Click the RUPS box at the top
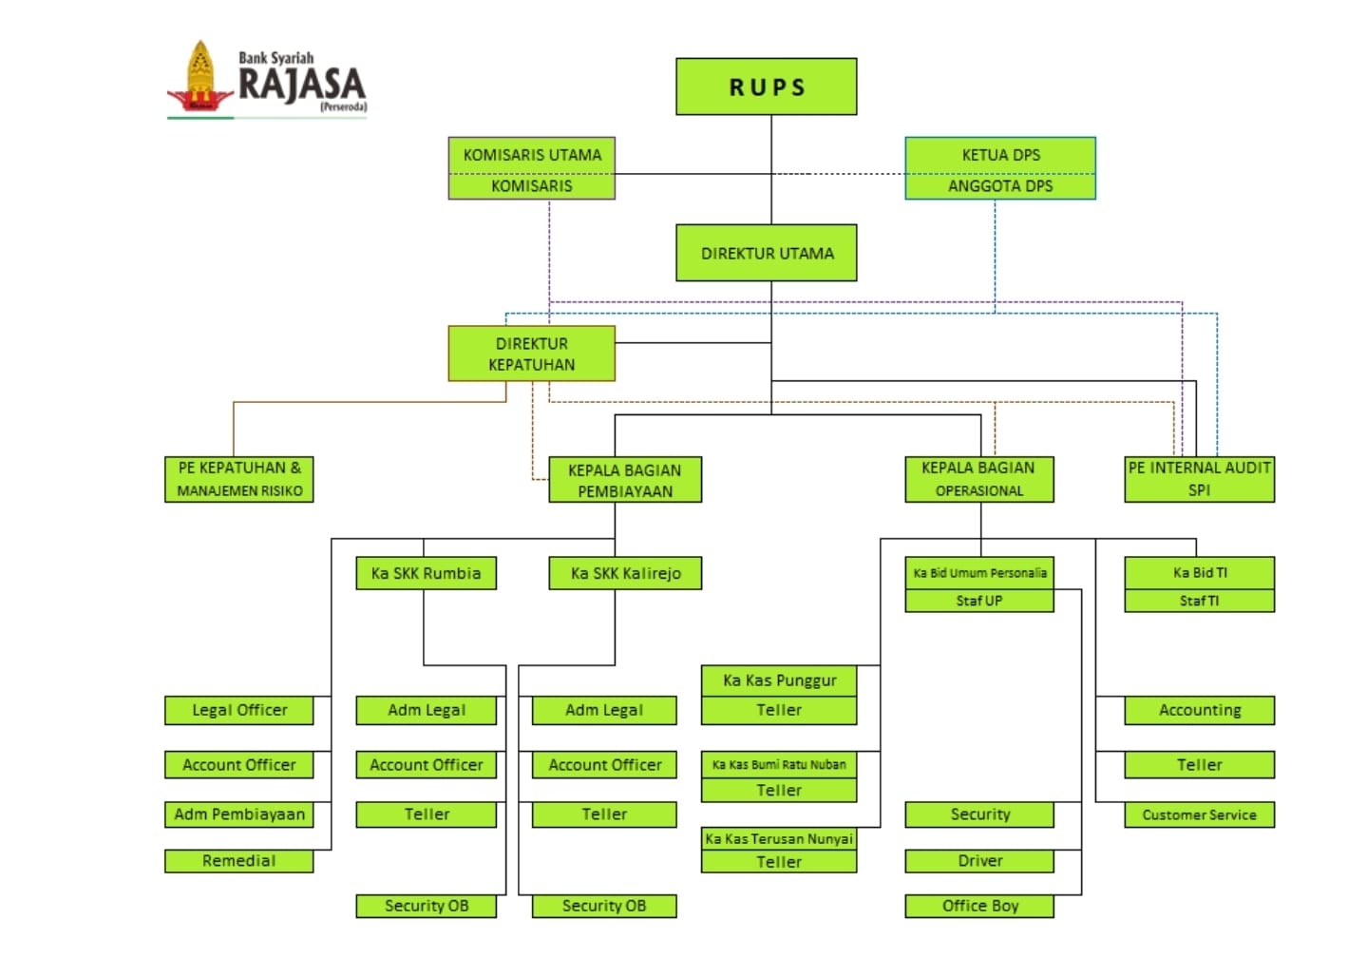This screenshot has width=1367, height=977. pos(766,86)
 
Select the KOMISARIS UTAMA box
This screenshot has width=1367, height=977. pos(532,154)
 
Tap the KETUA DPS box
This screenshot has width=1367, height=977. pos(1000,154)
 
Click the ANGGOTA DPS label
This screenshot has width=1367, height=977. pos(1000,186)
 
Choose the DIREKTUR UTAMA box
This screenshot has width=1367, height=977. pos(766,253)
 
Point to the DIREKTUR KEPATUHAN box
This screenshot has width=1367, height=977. pos(531,354)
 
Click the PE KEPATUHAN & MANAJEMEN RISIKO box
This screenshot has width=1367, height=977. pos(238,479)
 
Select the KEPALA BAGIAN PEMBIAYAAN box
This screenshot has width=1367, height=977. pos(624,480)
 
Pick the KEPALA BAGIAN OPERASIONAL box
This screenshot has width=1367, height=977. pos(978,479)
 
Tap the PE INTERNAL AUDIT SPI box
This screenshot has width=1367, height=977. pos(1199,479)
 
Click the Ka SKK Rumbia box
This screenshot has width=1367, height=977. pos(426,573)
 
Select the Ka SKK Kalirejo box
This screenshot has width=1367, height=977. pos(625,573)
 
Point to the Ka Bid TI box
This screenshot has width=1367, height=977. pos(1199,572)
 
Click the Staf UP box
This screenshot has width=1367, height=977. pos(978,601)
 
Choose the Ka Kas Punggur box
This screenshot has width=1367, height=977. pos(779,680)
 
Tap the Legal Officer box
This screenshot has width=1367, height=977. pos(238,710)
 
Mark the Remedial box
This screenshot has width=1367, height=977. pos(238,860)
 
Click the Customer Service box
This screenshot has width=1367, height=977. pos(1199,814)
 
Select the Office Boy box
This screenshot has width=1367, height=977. pos(978,906)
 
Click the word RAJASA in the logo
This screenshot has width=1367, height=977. pos(301,85)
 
